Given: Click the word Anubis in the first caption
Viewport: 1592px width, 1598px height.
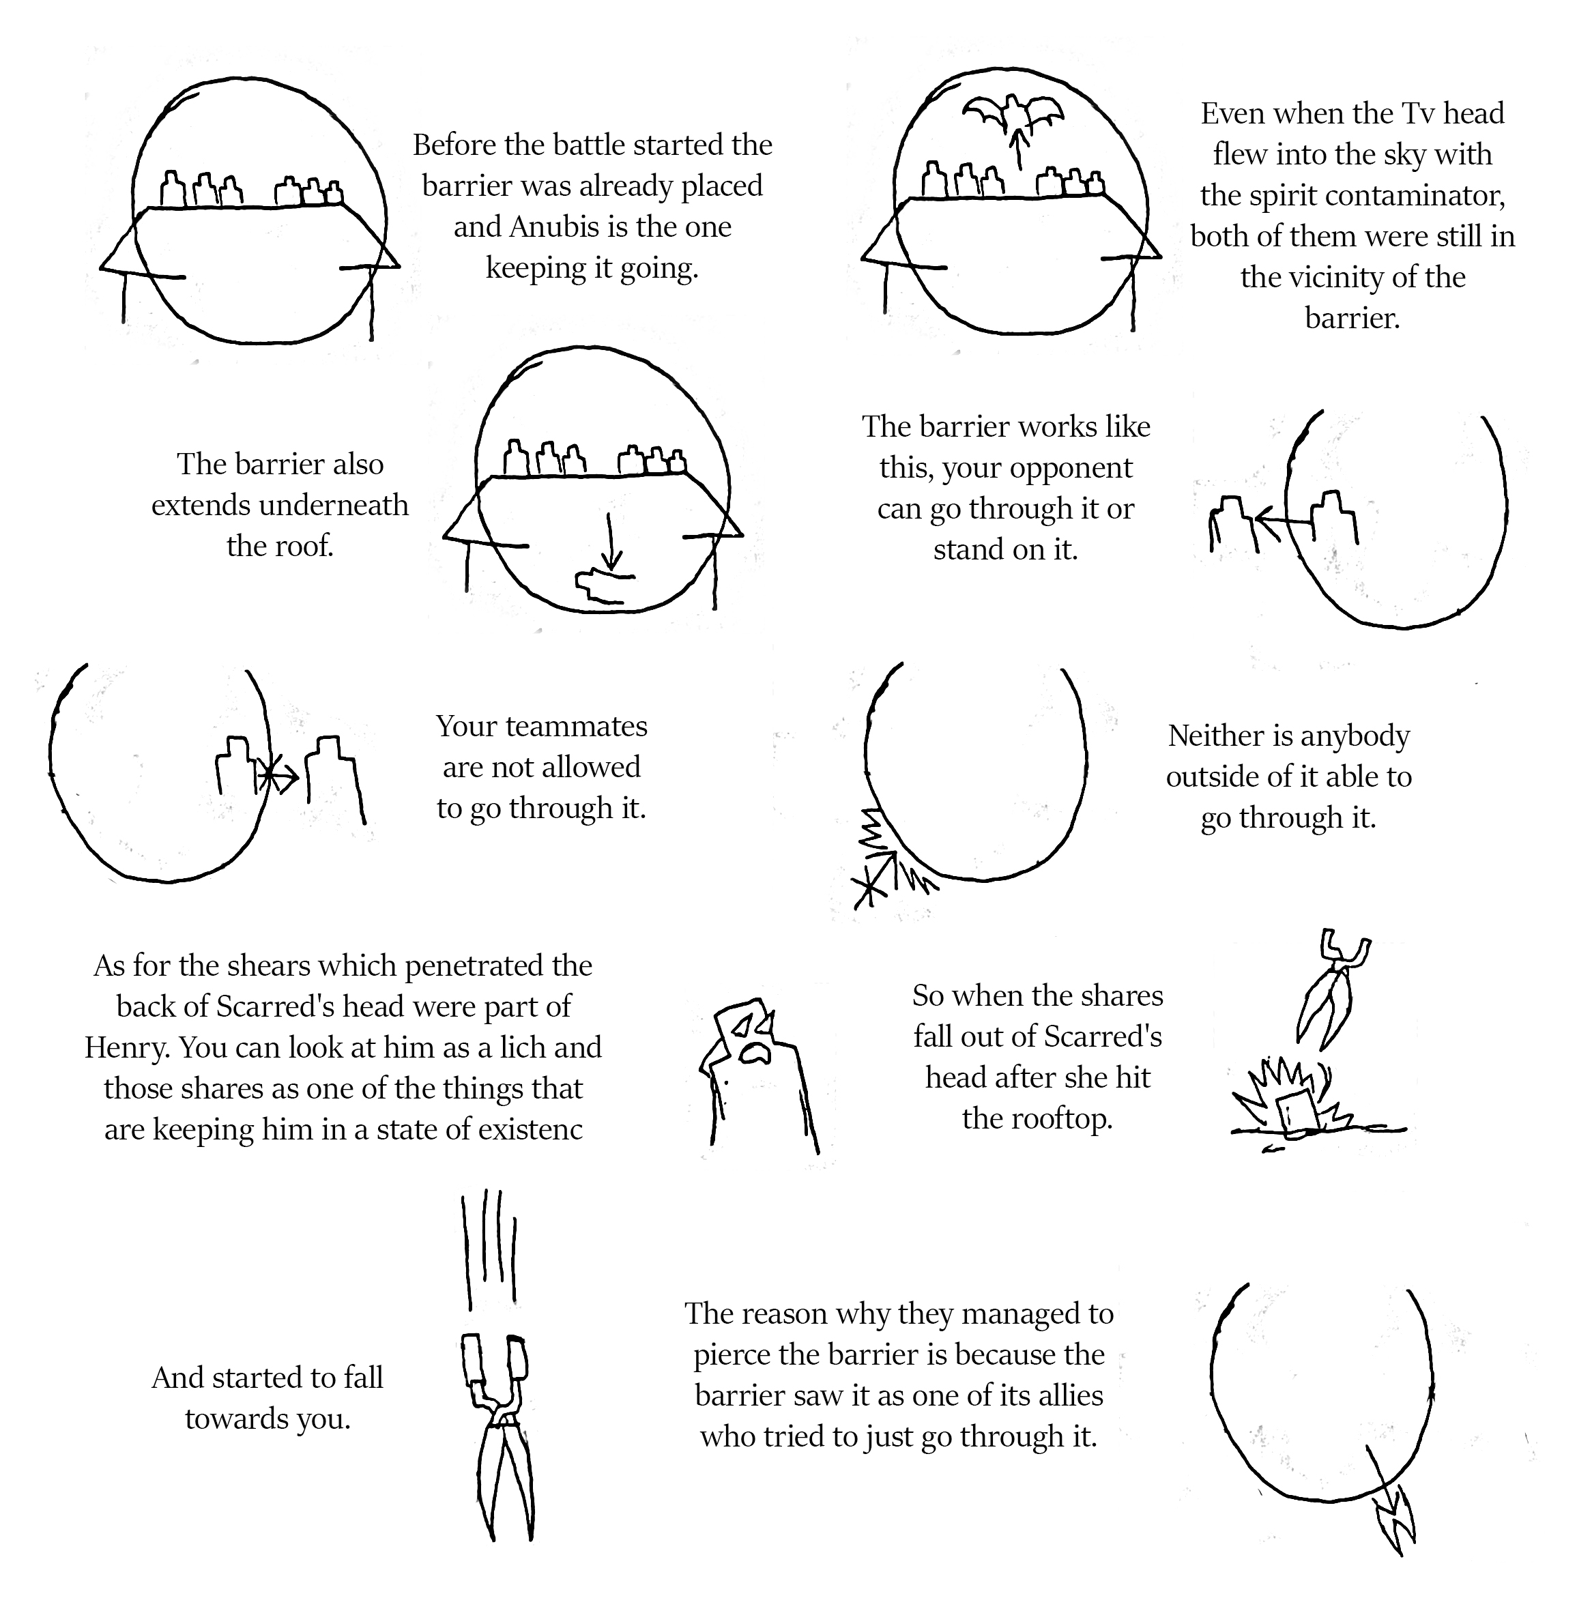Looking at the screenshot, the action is point(551,227).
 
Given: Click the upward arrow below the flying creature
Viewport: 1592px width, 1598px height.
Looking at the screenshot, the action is point(1019,149).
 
